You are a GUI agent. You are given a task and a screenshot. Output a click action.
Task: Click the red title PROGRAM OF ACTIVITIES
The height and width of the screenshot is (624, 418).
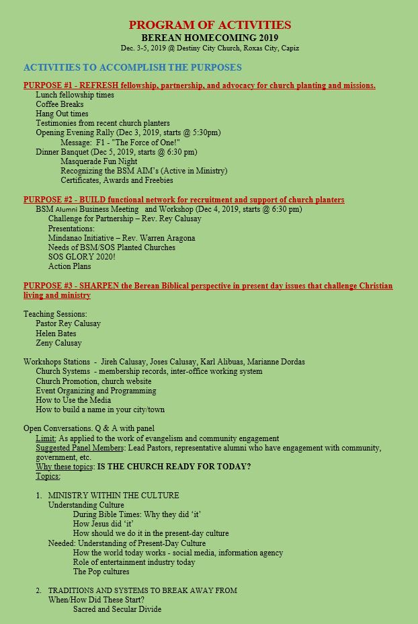coord(210,25)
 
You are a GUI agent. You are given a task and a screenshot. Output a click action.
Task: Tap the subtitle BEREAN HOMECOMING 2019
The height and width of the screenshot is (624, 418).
coord(210,38)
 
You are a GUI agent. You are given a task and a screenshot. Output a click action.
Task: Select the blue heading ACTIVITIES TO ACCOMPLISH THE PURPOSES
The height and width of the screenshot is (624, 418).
coord(132,67)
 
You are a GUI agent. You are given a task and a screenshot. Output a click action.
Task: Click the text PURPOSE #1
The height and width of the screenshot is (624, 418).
coord(48,85)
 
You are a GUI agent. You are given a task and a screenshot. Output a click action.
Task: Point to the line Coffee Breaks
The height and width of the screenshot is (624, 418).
coord(60,104)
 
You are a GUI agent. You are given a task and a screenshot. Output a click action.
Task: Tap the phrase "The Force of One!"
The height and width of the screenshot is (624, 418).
coord(142,143)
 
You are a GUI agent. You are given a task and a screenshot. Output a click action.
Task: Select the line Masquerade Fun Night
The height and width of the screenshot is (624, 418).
coord(99,161)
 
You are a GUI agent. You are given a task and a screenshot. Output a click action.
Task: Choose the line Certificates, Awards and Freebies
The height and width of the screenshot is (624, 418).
coord(117,180)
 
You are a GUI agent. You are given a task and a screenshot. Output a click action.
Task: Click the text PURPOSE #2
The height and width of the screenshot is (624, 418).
coord(48,200)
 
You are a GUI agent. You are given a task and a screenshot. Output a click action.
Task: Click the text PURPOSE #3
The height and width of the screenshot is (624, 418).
coord(48,286)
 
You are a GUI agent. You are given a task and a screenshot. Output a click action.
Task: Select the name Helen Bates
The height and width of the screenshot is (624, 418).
coord(56,334)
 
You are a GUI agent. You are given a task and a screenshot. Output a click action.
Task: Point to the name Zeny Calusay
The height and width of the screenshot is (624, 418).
coord(58,343)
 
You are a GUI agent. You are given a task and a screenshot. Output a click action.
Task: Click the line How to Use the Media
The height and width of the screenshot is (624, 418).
coord(73,400)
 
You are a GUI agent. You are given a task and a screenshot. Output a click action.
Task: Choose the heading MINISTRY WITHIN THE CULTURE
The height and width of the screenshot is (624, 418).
coord(114,496)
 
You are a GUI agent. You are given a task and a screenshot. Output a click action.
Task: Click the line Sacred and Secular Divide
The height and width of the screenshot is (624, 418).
coord(117,609)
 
